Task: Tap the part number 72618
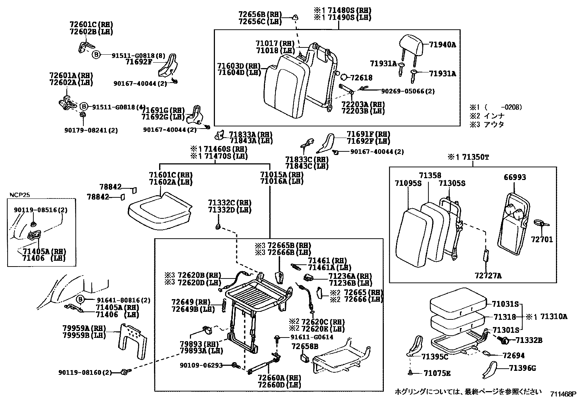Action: (x=361, y=77)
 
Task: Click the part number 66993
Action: (x=515, y=177)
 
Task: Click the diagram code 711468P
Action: (x=563, y=394)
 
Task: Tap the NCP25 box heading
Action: (x=20, y=194)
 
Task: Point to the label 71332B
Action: (x=529, y=340)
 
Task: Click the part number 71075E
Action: (x=437, y=373)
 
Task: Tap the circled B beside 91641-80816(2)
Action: (x=80, y=300)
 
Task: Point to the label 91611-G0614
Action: (x=312, y=337)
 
